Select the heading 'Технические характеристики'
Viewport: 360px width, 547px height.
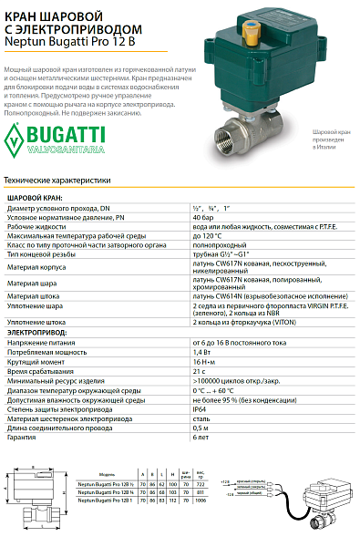point(57,181)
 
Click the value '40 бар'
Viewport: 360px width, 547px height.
point(203,220)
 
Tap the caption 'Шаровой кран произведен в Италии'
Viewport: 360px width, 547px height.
point(328,145)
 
